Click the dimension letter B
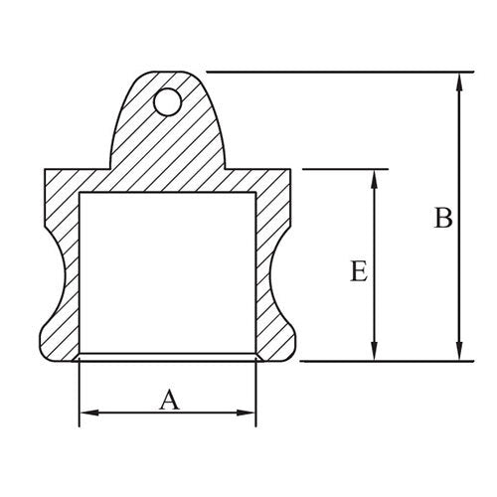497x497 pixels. tap(443, 218)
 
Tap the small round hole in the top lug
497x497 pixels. tap(168, 99)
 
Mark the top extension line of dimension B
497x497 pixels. tap(338, 72)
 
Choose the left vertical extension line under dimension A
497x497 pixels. tap(79, 393)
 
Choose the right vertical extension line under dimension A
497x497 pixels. tap(256, 393)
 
